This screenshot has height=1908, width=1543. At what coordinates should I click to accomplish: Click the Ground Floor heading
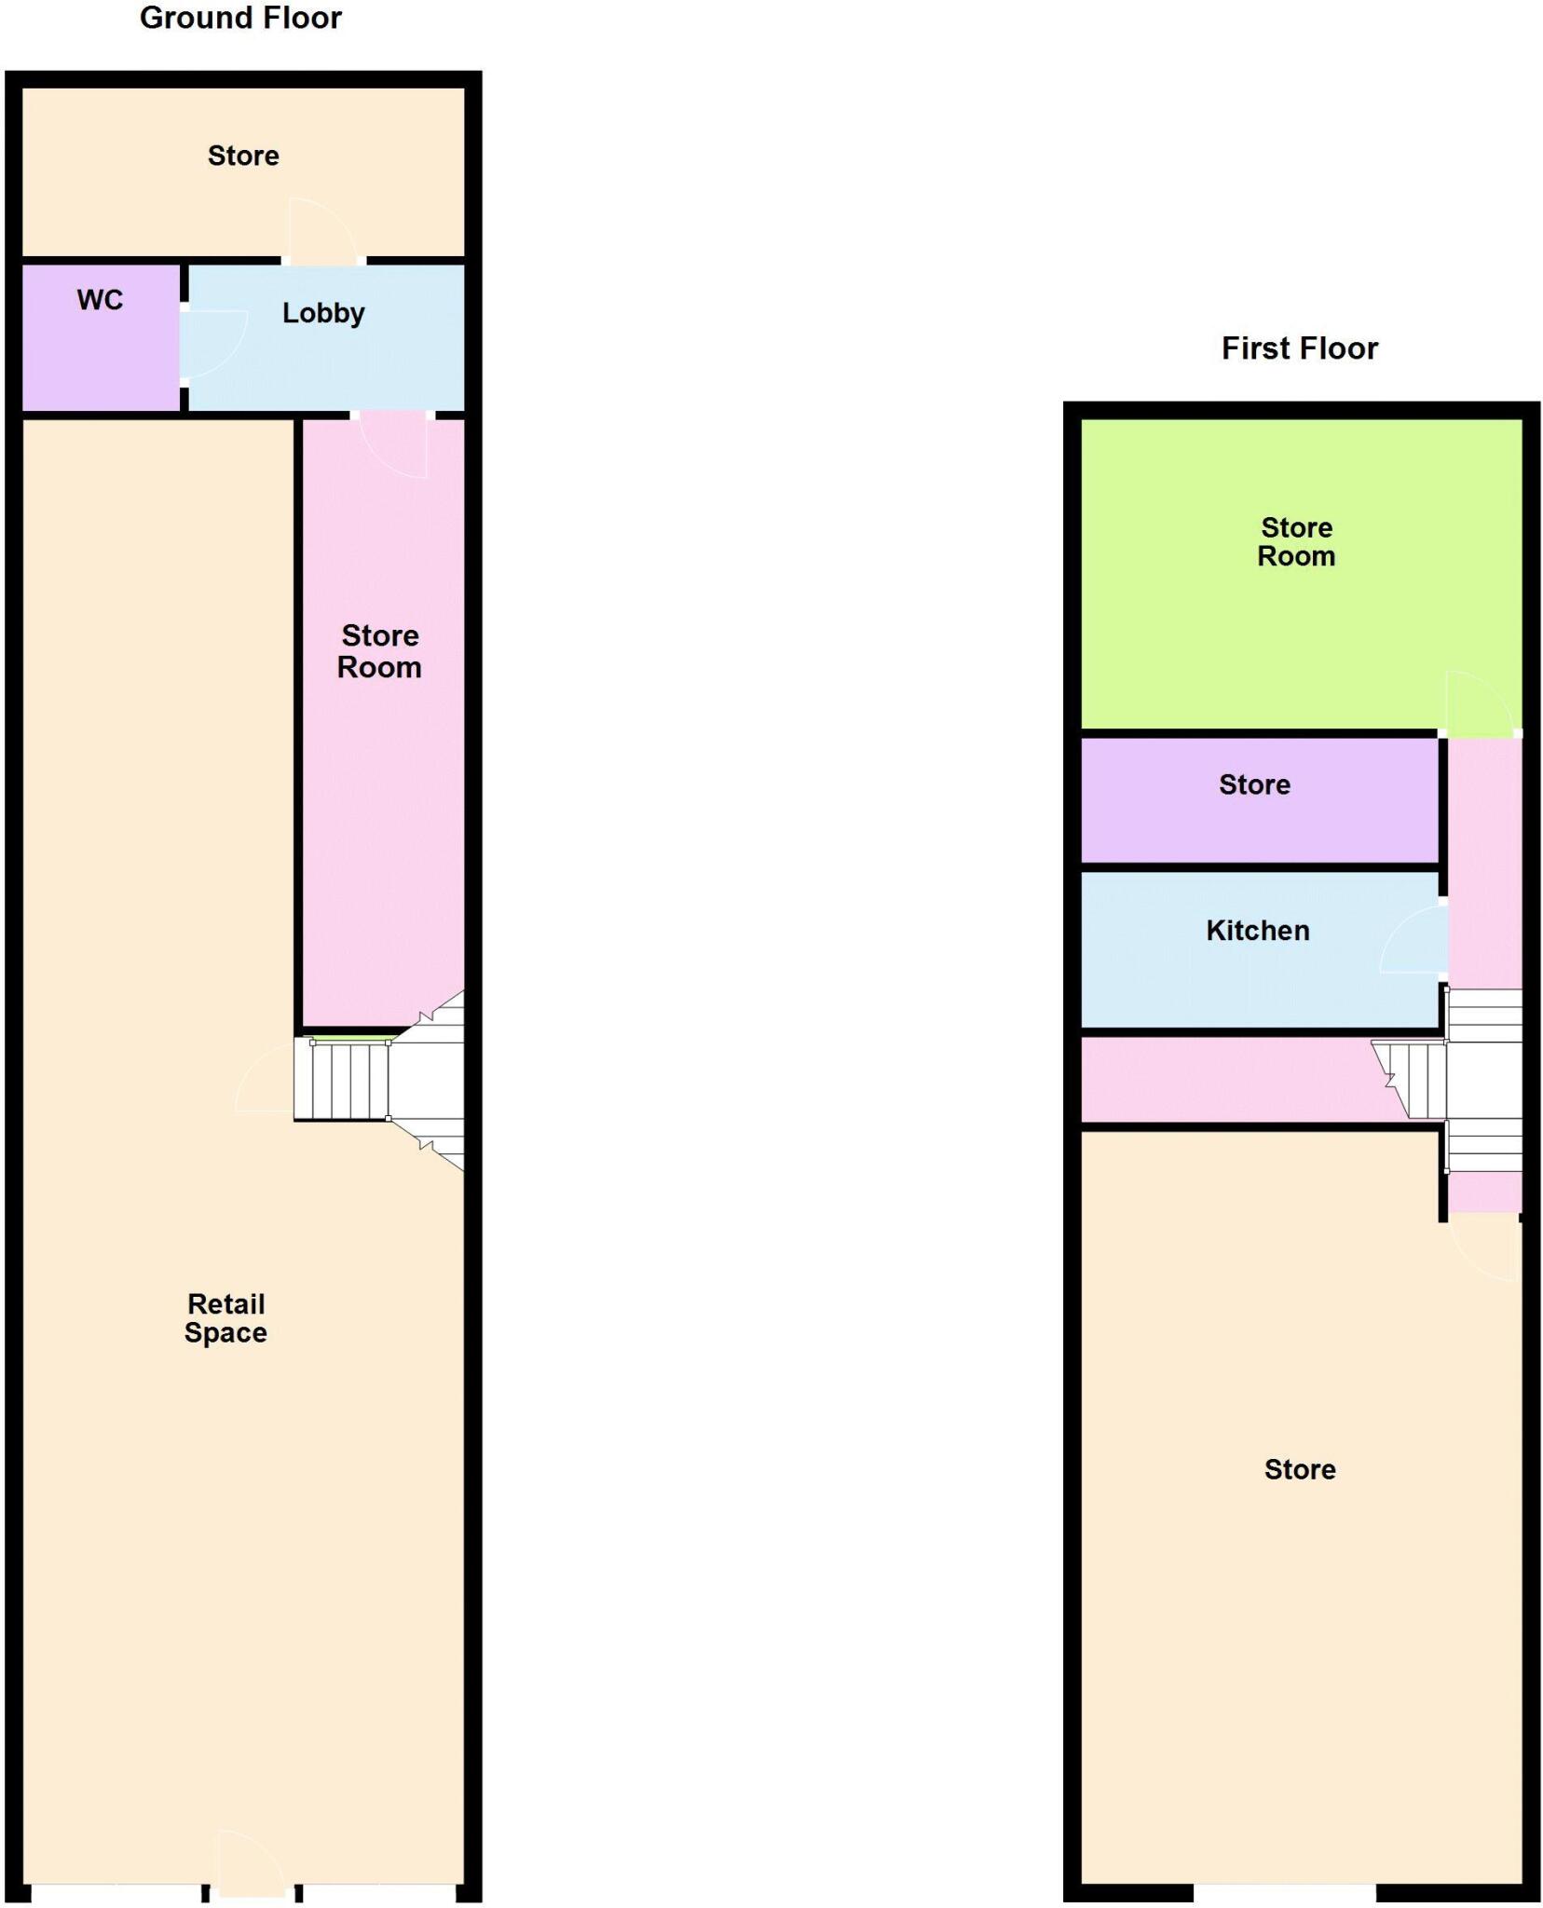(x=240, y=18)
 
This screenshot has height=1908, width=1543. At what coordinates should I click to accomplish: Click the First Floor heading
(x=1299, y=348)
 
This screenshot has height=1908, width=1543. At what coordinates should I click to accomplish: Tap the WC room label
(x=100, y=300)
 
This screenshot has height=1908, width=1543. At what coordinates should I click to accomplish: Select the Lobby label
(x=323, y=313)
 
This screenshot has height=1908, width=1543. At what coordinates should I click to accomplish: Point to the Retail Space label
(x=225, y=1317)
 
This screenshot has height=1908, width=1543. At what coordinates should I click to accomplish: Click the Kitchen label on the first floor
(x=1257, y=930)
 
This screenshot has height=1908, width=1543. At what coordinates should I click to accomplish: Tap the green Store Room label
(x=1296, y=541)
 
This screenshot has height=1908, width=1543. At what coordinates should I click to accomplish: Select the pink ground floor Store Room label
(x=379, y=651)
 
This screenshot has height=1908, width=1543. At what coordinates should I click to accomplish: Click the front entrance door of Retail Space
(x=250, y=1866)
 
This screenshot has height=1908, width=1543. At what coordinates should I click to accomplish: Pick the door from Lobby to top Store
(x=322, y=232)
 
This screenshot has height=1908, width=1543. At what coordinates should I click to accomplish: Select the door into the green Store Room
(x=1478, y=703)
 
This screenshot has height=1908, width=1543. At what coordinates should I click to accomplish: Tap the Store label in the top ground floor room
(x=243, y=156)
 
